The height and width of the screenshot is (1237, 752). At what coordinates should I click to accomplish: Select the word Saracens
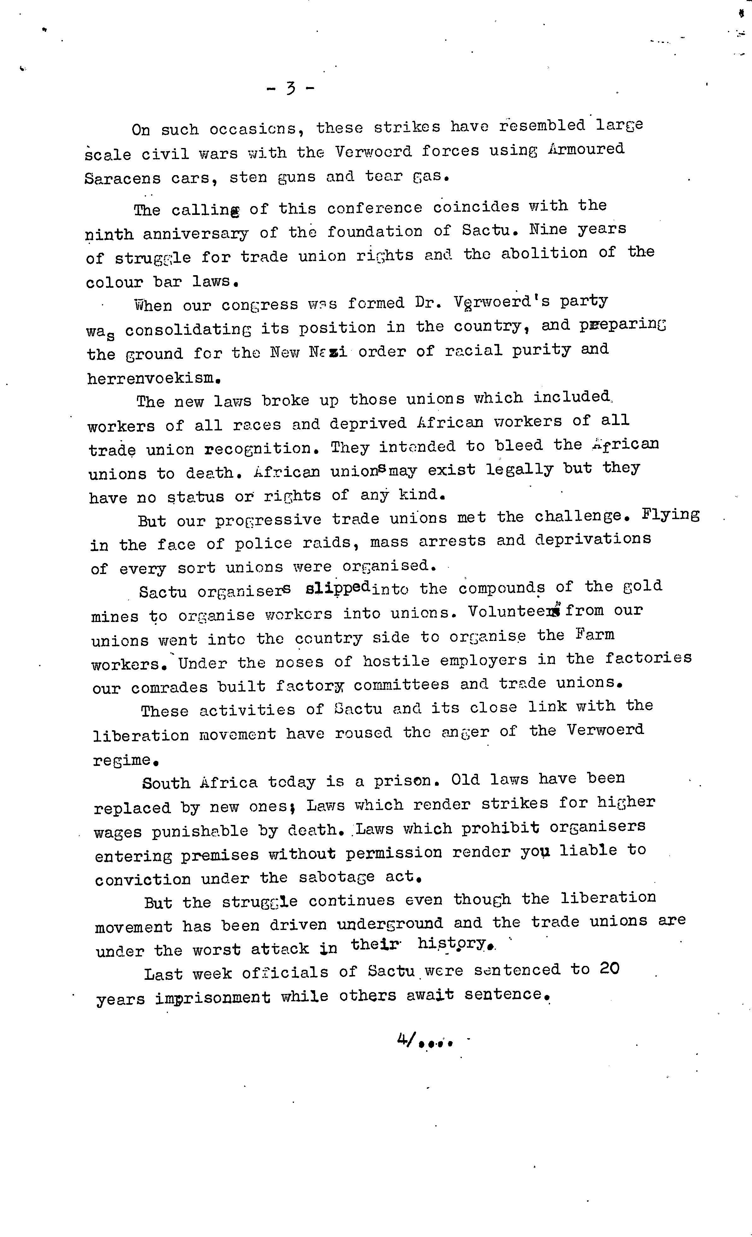tap(122, 179)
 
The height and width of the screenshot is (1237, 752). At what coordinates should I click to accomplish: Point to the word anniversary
tap(195, 234)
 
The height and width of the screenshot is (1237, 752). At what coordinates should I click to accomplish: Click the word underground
tap(390, 924)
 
